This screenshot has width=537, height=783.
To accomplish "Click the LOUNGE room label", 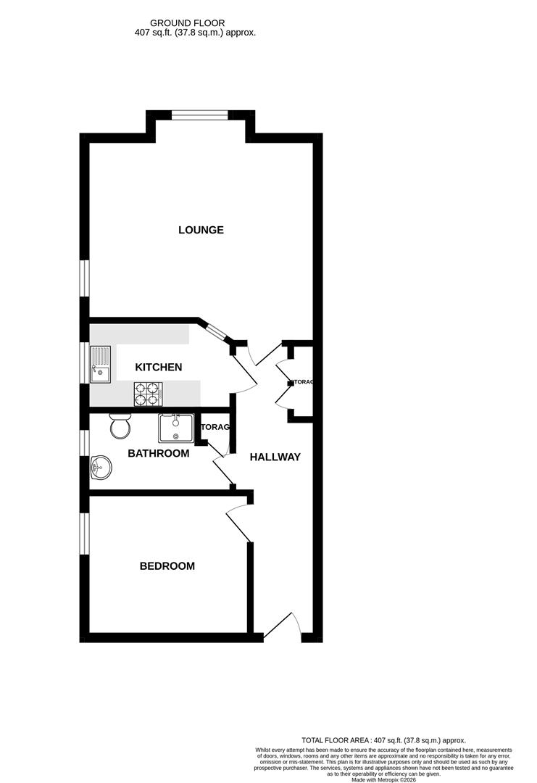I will point(201,230).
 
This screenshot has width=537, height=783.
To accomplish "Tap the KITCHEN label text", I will point(159,368).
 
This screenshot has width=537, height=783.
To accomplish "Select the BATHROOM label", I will point(158,454).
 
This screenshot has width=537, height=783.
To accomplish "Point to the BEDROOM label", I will point(167,566).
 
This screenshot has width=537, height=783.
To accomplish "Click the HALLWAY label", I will point(275,457).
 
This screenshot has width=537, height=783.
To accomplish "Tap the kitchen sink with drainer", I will point(100,364).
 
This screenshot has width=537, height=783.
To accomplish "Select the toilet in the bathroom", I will point(120,426).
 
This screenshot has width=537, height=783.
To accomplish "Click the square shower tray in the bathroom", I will point(175,428).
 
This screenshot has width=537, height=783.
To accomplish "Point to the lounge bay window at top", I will point(200,113).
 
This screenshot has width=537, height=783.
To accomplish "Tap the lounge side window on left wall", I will point(84,278).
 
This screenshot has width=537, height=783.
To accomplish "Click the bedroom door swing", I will point(240,524).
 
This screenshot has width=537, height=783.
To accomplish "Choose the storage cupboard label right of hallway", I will point(301,381).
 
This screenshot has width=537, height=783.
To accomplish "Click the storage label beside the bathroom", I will point(215,427).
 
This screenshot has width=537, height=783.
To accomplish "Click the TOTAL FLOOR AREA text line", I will point(383,740).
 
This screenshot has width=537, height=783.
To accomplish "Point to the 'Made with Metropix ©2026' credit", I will point(383,779).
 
